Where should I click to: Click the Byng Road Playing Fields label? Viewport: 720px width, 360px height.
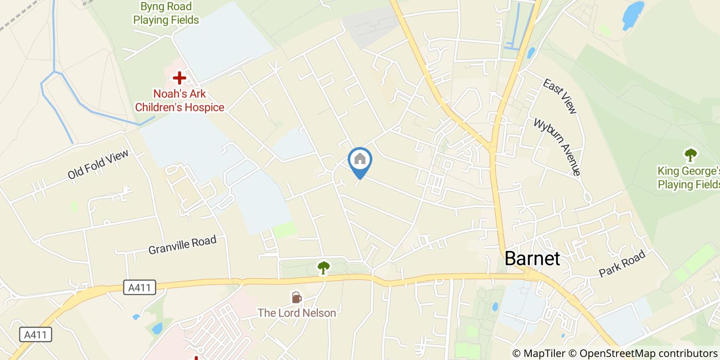pyautogui.click(x=166, y=13)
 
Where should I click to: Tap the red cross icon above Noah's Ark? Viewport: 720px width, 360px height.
pyautogui.click(x=179, y=78)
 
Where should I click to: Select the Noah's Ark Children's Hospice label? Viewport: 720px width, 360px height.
pyautogui.click(x=179, y=101)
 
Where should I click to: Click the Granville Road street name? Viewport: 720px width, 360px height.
pyautogui.click(x=182, y=245)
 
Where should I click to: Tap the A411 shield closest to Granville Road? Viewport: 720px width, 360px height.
pyautogui.click(x=139, y=287)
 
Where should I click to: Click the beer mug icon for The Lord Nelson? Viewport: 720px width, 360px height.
pyautogui.click(x=296, y=298)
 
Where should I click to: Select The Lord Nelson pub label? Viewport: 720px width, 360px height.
pyautogui.click(x=297, y=313)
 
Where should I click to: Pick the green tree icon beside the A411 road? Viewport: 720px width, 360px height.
pyautogui.click(x=323, y=267)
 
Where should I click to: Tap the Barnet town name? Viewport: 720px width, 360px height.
pyautogui.click(x=532, y=258)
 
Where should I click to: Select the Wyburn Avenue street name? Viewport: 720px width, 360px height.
pyautogui.click(x=557, y=147)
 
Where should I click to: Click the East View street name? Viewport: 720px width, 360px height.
pyautogui.click(x=560, y=96)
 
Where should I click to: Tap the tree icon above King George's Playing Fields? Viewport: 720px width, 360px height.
pyautogui.click(x=690, y=154)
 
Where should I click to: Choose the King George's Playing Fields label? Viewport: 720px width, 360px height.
pyautogui.click(x=689, y=177)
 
